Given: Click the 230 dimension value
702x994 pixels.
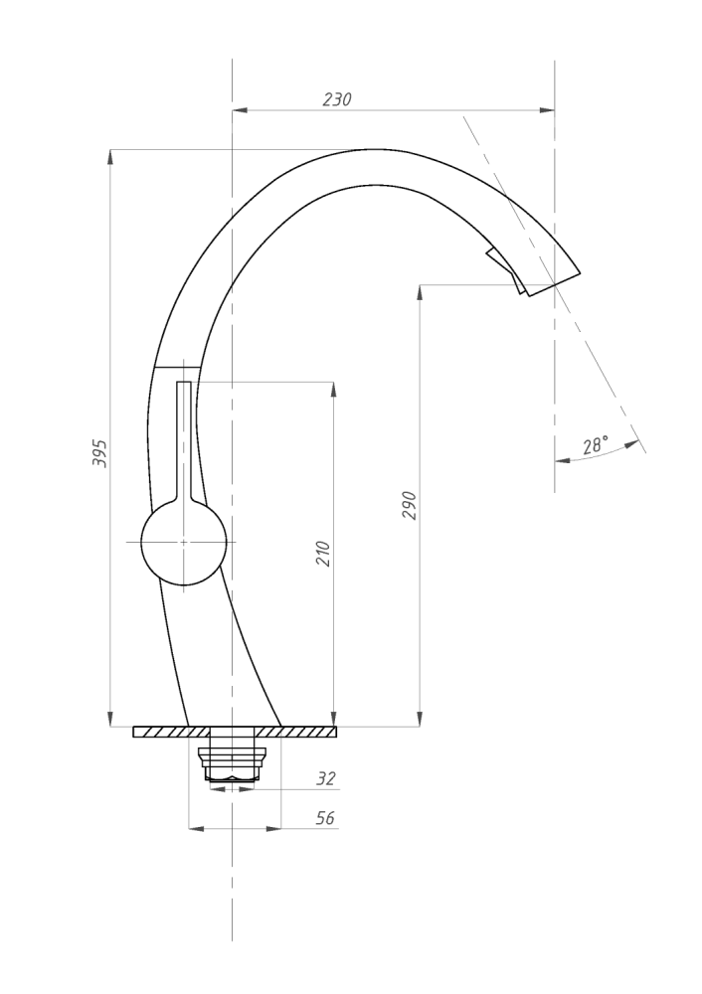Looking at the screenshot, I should (x=337, y=99).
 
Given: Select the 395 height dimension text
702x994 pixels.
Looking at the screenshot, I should (x=99, y=452).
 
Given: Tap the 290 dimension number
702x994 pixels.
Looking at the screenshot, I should (x=410, y=505).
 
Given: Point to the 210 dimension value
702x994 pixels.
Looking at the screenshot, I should (x=322, y=554).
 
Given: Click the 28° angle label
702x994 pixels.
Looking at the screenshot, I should (x=595, y=446).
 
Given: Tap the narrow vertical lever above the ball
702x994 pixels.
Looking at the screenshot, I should (x=184, y=437).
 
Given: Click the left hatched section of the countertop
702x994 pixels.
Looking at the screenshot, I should (x=169, y=733).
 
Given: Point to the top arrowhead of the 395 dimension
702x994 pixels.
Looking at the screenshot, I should (x=109, y=156).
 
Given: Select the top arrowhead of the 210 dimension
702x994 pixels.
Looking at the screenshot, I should (x=333, y=387).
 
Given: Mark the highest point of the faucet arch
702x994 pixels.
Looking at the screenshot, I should (x=373, y=150).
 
